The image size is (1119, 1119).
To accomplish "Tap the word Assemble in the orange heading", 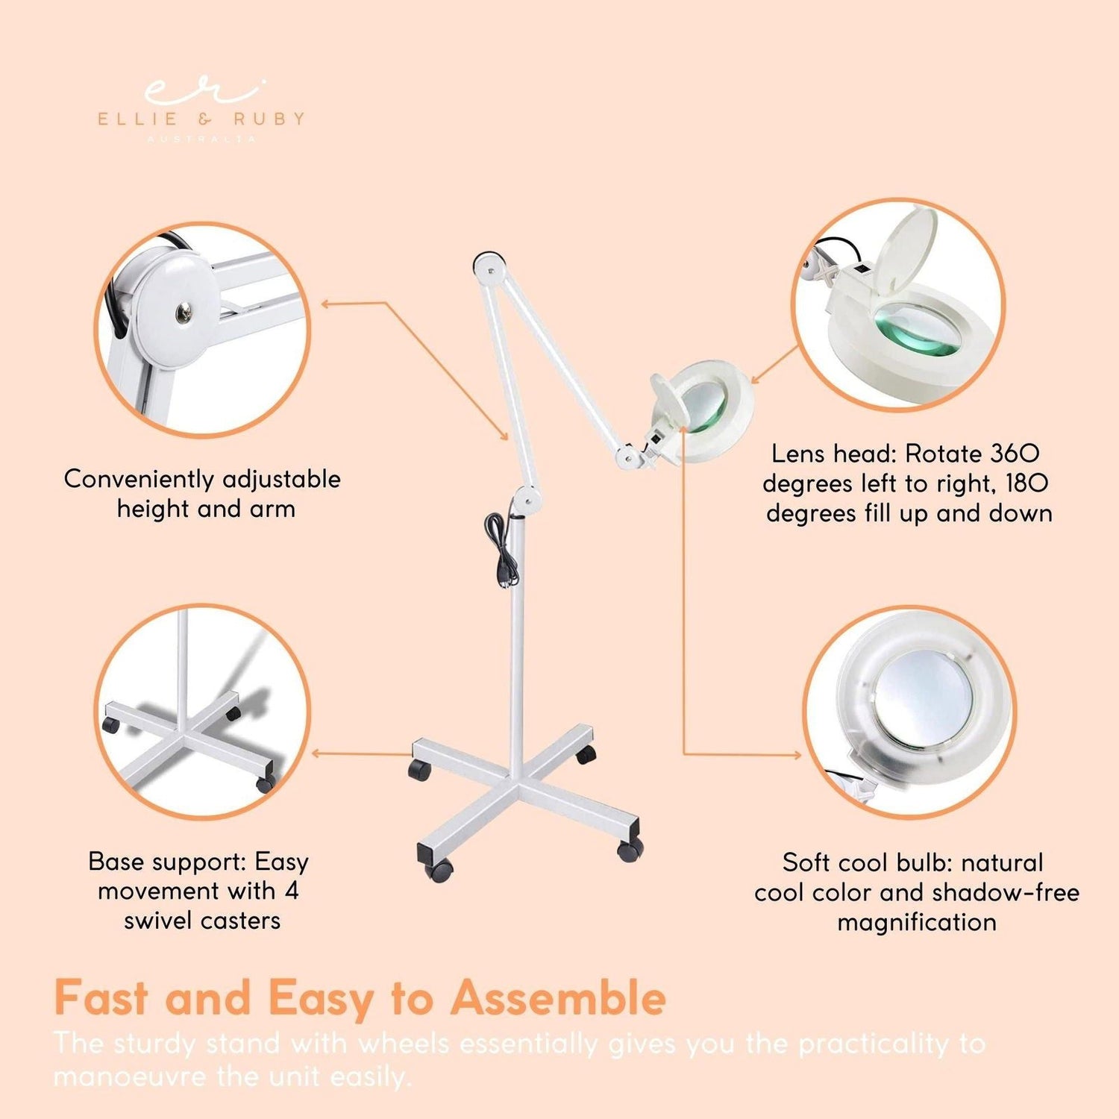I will tap(558, 997).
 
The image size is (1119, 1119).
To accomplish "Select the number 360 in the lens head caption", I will tap(1015, 454).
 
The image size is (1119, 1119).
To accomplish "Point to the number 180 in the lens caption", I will tap(1026, 483).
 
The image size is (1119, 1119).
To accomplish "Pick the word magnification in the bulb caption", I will tap(916, 922).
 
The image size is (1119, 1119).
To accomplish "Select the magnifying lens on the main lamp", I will tap(705, 409).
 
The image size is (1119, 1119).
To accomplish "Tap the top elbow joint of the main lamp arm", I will tap(489, 265).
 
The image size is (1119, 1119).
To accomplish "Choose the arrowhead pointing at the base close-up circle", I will tap(316, 753).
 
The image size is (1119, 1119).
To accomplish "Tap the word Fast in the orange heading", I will tap(101, 997).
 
